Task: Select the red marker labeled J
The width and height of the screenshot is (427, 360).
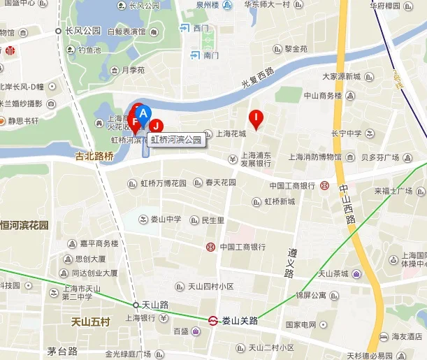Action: click(157, 126)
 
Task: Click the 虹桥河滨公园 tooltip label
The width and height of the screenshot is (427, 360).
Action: click(177, 140)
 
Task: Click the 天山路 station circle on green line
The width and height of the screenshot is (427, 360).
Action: click(136, 305)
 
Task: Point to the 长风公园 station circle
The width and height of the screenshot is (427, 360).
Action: click(59, 31)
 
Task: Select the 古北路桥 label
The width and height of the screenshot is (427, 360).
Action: click(94, 157)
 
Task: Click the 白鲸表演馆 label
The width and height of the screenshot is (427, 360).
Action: click(126, 31)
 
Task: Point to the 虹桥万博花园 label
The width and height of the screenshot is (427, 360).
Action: click(164, 183)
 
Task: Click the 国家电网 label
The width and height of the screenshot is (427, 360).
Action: click(301, 325)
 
